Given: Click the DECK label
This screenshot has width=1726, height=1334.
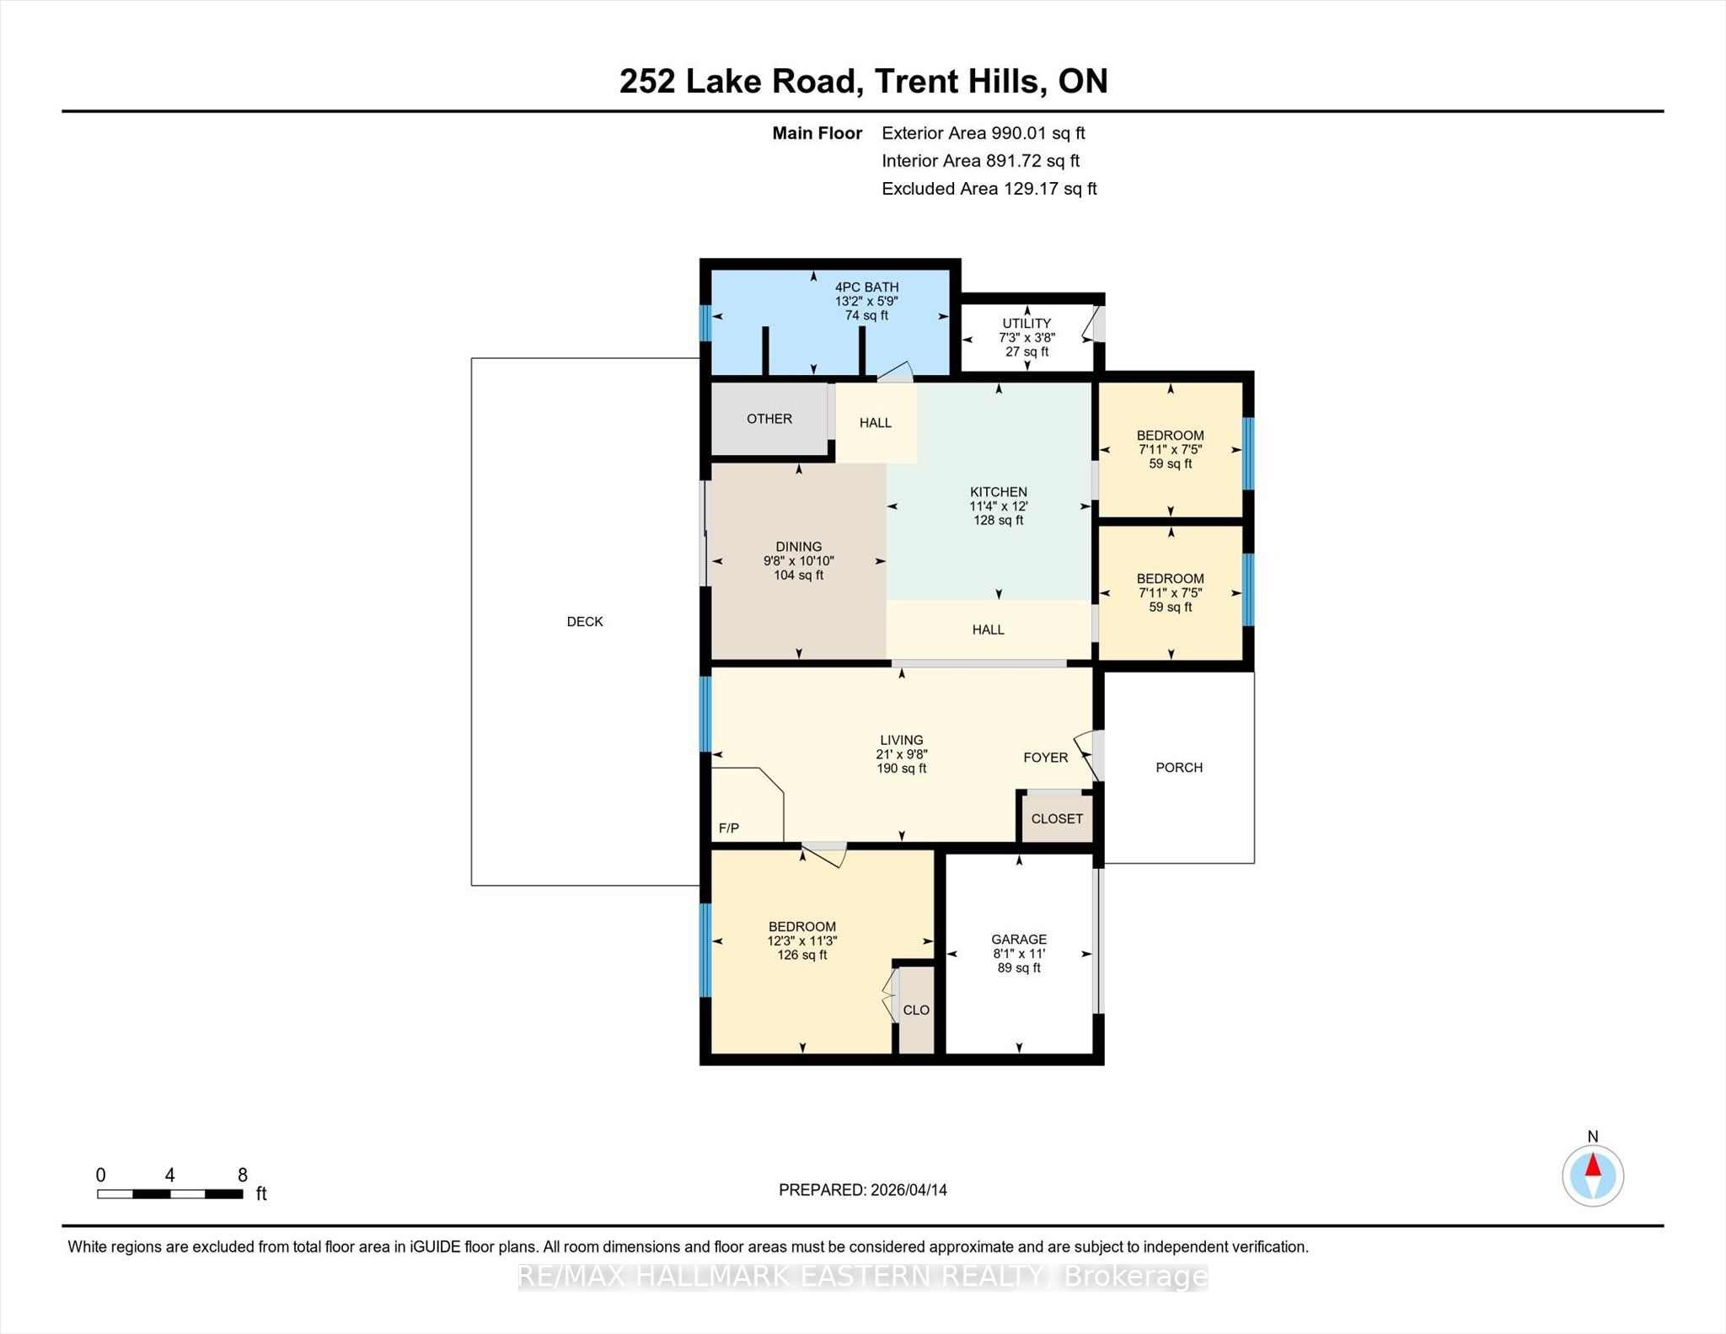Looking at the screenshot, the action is [585, 622].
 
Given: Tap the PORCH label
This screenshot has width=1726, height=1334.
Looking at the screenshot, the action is [1179, 768].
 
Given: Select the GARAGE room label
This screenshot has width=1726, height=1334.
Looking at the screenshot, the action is [1019, 940].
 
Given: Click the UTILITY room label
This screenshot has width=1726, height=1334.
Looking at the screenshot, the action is [1026, 324].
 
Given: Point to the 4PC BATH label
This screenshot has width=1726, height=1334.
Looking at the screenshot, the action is [866, 287].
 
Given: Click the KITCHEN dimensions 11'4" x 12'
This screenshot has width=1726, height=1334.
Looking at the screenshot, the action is [999, 506].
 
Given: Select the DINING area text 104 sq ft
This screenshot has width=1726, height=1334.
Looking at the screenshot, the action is [799, 576].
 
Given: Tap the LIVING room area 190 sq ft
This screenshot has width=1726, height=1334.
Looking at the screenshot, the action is [902, 769].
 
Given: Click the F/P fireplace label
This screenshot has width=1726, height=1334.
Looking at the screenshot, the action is [729, 828].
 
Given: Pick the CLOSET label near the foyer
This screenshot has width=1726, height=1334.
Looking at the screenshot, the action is [1057, 819].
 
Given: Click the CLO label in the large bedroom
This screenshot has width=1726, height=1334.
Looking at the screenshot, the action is [916, 1010].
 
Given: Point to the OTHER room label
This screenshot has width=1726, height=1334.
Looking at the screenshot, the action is [769, 419].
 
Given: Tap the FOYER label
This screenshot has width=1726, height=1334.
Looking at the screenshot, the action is [1046, 758].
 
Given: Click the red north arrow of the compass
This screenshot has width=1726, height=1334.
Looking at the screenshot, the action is [1593, 1165].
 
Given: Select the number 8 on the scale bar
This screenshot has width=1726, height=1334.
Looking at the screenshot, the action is [243, 1176].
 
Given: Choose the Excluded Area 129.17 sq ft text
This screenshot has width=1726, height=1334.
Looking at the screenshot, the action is [989, 189].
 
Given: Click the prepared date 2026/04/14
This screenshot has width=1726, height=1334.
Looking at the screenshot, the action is [909, 1190].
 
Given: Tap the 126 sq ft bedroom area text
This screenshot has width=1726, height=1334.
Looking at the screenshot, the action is [802, 956].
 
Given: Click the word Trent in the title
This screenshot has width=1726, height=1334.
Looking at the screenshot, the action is [919, 82].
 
